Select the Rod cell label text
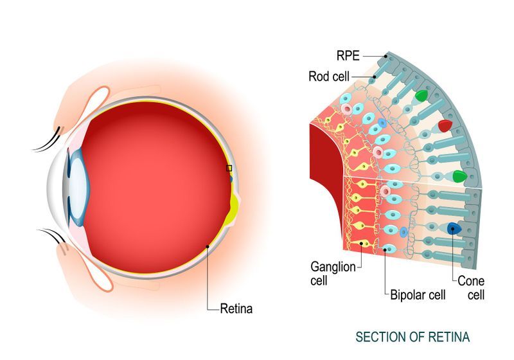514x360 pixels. click(328, 76)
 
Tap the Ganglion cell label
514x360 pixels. click(333, 273)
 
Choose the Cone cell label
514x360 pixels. click(471, 287)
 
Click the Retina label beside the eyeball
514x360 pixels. click(236, 309)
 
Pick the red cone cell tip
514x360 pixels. click(445, 125)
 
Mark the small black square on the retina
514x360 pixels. click(228, 168)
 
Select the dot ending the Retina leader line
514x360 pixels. click(206, 246)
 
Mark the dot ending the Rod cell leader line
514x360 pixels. click(376, 76)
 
